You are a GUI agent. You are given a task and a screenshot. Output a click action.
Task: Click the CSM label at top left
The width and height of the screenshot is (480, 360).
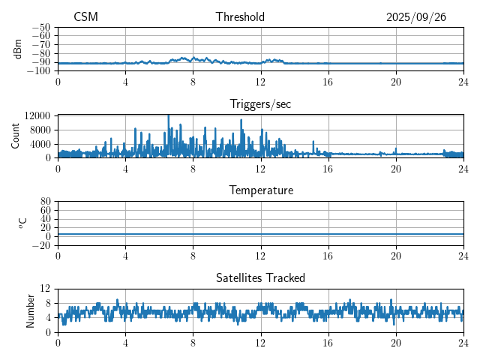tap(85, 17)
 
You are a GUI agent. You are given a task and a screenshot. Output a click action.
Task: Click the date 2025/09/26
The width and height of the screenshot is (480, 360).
tap(416, 17)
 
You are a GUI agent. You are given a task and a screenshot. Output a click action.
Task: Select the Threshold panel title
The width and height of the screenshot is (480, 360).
tap(240, 17)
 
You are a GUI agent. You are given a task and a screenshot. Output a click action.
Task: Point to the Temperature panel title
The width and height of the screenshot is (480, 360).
tap(261, 190)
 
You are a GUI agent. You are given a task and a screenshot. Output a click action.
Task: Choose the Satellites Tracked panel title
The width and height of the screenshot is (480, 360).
tap(261, 278)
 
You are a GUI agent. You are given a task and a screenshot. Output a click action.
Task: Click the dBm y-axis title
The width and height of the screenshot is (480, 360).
tap(18, 49)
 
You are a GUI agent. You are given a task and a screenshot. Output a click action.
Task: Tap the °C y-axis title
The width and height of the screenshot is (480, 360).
tap(22, 223)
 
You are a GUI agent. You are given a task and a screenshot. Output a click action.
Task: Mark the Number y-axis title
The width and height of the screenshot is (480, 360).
tap(31, 310)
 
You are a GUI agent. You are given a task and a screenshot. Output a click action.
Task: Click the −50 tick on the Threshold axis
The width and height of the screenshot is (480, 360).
tap(42, 27)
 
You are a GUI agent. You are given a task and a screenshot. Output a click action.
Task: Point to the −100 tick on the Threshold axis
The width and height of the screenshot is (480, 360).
tap(40, 71)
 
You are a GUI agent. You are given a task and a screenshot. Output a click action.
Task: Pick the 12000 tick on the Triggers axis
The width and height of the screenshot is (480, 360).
tap(37, 115)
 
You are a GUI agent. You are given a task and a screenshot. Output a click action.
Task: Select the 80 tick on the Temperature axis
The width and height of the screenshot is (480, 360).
tap(46, 202)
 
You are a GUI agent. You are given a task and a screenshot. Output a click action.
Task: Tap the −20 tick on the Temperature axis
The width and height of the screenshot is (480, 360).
tap(42, 245)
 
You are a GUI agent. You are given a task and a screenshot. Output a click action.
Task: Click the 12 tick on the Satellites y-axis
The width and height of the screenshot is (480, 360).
tap(46, 289)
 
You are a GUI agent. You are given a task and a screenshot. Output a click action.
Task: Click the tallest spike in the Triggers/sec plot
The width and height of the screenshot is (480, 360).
tap(168, 116)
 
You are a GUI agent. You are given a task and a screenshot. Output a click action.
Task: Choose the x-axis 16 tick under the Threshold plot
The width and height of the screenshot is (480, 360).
tap(328, 82)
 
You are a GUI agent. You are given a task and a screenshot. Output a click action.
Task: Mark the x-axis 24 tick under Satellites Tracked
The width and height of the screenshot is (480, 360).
tap(463, 343)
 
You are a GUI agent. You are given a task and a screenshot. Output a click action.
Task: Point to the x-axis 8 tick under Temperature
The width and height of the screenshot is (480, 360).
tap(193, 256)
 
